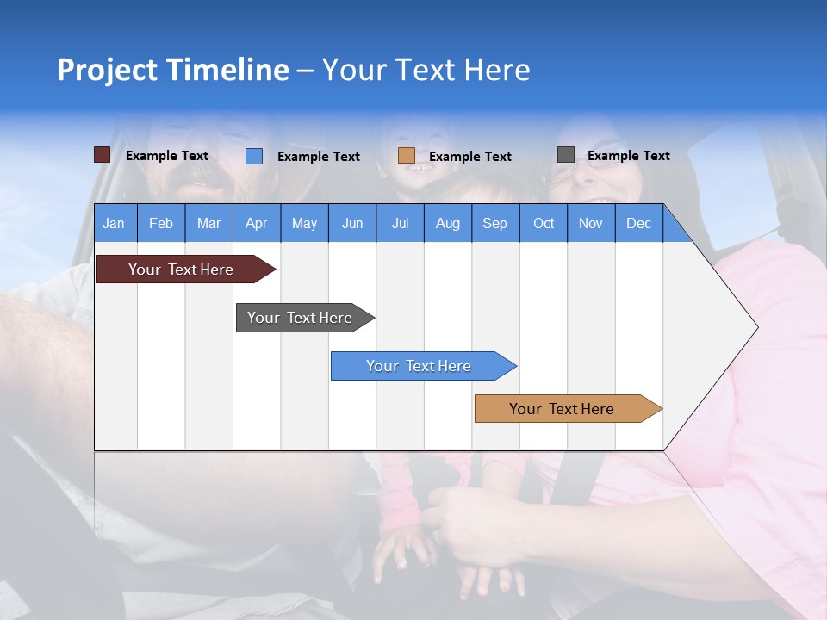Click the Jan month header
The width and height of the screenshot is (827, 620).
[114, 223]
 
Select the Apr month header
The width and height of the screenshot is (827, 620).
[256, 223]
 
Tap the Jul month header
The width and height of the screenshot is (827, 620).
[400, 223]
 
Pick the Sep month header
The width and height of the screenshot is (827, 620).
[494, 223]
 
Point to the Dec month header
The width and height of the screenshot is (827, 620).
[638, 223]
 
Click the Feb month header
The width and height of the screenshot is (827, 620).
[161, 223]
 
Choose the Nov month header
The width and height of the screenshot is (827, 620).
[590, 223]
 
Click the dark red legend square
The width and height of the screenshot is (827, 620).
[102, 155]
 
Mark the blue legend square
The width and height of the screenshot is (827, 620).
[254, 156]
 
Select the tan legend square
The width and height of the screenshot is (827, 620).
[407, 156]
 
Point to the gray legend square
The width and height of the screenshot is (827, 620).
[566, 155]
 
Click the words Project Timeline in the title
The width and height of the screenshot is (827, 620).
[173, 70]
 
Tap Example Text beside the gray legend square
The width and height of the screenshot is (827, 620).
[628, 156]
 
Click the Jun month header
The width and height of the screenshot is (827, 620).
[352, 223]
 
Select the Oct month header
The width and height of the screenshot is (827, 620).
[544, 223]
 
